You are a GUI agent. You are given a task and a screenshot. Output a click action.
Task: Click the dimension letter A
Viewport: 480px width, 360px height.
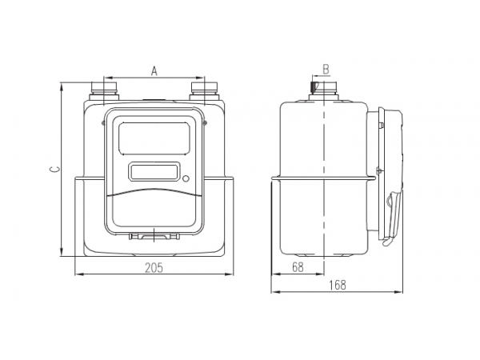[155, 71]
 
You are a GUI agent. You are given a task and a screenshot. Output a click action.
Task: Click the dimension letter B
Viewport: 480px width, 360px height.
[326, 69]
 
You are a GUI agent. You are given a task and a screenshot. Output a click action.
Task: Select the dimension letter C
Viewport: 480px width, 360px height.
[52, 169]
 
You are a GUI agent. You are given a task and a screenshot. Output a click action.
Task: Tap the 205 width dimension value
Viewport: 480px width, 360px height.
[155, 268]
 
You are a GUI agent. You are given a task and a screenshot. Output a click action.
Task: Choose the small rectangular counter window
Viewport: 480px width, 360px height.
[154, 172]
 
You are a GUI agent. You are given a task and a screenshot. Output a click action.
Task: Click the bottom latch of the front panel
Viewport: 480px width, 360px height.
[153, 237]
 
